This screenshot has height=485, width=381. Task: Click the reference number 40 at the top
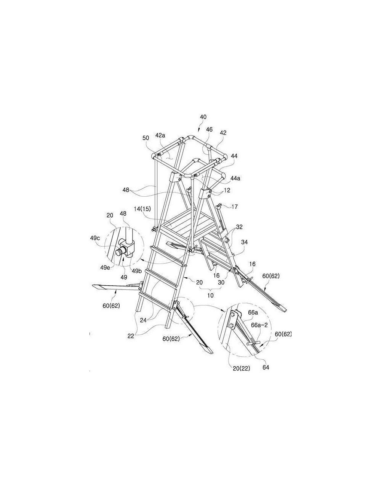click(x=203, y=117)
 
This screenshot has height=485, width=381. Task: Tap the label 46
click(x=209, y=129)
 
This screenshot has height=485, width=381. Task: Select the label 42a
click(x=160, y=135)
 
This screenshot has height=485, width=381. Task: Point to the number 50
click(x=146, y=138)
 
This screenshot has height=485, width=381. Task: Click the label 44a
click(x=235, y=178)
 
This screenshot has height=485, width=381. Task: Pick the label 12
click(x=227, y=190)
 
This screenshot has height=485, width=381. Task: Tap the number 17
click(x=234, y=207)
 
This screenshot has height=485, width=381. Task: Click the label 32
click(x=239, y=227)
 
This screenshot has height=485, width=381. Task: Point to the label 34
click(x=244, y=242)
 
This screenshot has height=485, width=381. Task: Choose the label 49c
click(x=95, y=238)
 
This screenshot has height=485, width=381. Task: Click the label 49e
click(x=105, y=268)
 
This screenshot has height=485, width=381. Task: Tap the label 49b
click(x=136, y=271)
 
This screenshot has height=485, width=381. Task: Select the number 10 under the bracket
click(x=210, y=295)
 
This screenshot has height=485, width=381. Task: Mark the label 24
click(x=143, y=320)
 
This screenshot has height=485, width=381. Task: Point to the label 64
click(x=266, y=367)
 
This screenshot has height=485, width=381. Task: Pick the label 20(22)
click(x=241, y=369)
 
